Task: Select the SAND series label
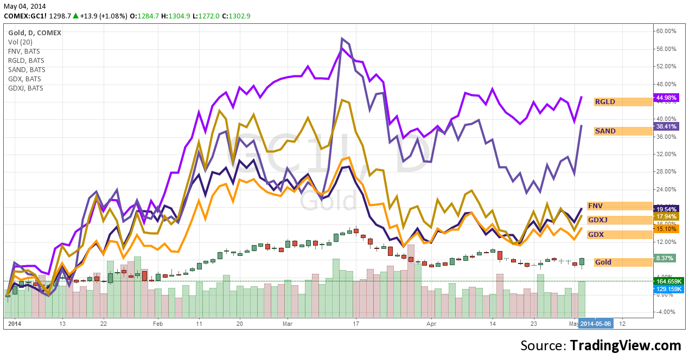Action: [605, 131]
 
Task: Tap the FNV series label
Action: [595, 206]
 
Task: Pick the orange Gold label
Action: [603, 262]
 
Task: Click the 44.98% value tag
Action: [666, 98]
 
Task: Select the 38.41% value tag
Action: [666, 126]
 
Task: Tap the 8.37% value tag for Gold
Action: [665, 259]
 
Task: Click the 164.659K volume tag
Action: [668, 281]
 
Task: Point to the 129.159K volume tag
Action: [668, 289]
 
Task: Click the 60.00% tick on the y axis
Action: [666, 31]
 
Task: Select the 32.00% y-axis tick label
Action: [666, 154]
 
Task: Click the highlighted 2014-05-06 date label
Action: [595, 323]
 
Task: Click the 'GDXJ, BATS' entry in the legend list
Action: [25, 88]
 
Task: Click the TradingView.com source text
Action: [625, 345]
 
